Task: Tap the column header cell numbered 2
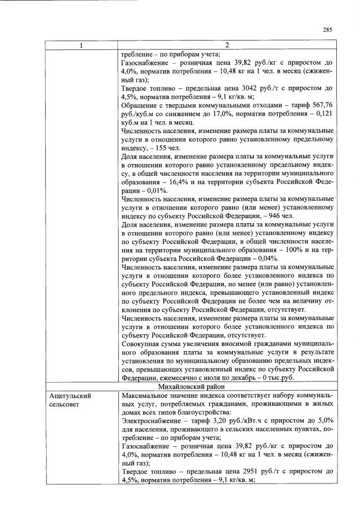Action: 227,45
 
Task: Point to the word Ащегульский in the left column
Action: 69,396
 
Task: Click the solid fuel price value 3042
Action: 248,88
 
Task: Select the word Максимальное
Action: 146,396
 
